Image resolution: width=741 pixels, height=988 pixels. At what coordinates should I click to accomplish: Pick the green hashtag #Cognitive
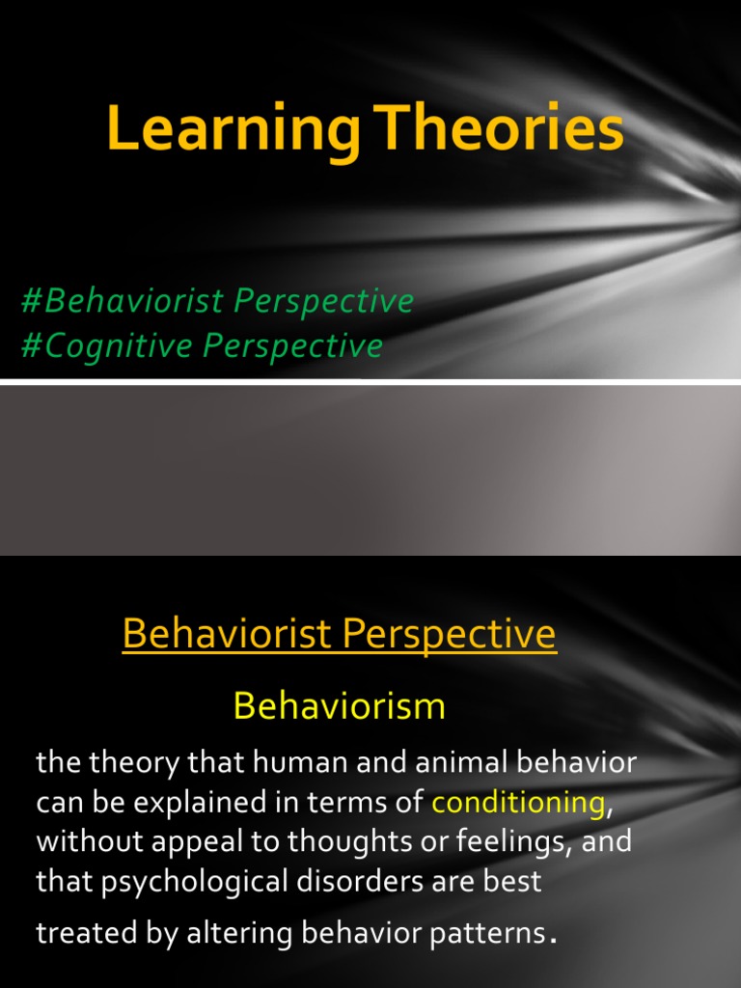109,345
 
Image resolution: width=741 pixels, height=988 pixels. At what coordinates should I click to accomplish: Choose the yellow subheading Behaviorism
339,706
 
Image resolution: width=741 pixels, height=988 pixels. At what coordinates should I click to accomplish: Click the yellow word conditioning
518,802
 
